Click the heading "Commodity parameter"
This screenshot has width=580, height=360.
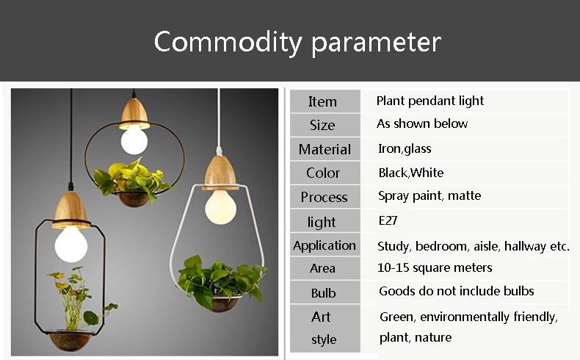tap(297, 42)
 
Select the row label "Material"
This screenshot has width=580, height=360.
tap(325, 149)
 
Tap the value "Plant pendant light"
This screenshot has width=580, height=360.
tap(429, 101)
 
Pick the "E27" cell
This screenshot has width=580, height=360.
tap(388, 220)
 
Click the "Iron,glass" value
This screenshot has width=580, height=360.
tap(405, 148)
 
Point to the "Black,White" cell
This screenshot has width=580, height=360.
tap(411, 173)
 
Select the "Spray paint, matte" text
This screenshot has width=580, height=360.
tap(429, 195)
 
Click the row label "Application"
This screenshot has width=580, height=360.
tap(325, 245)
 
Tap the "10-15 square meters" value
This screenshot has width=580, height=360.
tap(435, 267)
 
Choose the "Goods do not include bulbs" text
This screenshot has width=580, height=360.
tap(457, 291)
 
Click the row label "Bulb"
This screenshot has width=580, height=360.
tap(323, 293)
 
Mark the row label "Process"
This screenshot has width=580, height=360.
tap(324, 197)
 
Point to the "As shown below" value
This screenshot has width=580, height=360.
tap(422, 123)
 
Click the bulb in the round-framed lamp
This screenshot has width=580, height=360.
tap(134, 140)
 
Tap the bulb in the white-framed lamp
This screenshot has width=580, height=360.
tap(220, 207)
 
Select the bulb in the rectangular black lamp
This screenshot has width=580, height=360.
tap(71, 245)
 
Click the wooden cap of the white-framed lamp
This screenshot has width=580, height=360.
tap(220, 173)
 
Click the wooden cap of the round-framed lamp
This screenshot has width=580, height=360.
tap(134, 114)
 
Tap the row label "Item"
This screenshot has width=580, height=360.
tap(322, 101)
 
